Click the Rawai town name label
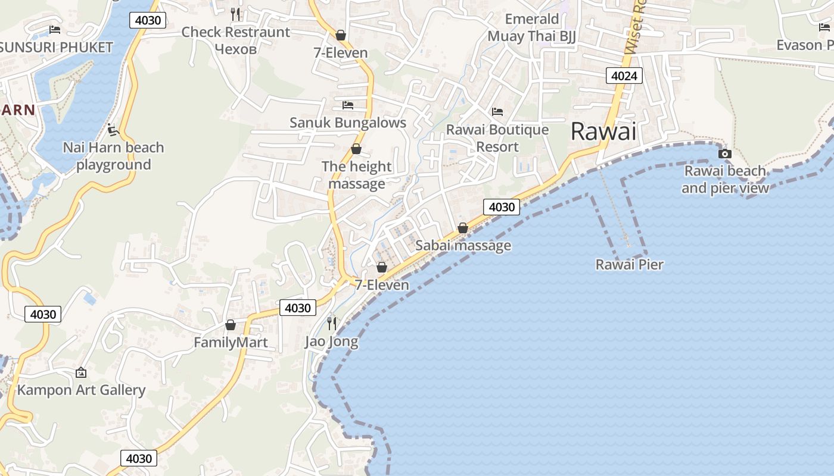click(603, 131)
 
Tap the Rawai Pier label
click(629, 265)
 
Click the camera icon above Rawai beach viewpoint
click(724, 154)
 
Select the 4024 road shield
click(624, 76)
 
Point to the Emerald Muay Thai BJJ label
click(532, 27)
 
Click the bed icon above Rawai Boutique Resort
click(497, 111)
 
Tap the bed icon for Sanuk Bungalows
click(348, 105)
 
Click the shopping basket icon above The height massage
click(356, 149)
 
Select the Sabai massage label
click(463, 246)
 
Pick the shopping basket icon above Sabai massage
click(463, 228)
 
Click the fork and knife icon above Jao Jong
click(332, 323)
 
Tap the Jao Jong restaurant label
click(332, 342)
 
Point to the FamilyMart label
click(231, 343)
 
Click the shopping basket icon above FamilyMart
click(231, 325)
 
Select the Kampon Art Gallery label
click(81, 390)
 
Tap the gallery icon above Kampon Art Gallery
click(81, 372)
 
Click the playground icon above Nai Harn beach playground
click(113, 129)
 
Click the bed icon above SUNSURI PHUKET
click(55, 29)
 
